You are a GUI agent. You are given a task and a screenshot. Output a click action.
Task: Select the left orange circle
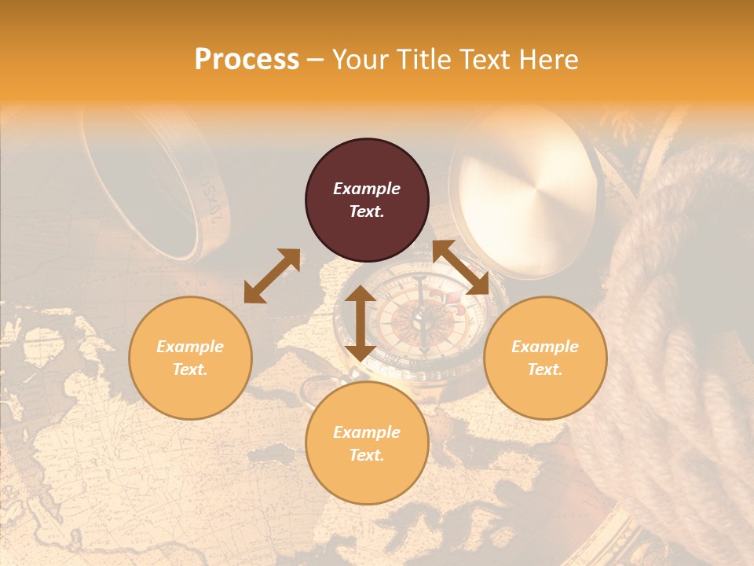point(190,358)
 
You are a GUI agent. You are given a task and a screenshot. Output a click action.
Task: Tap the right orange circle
point(545,358)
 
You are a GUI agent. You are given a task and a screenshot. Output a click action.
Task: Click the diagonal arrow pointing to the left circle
point(272,276)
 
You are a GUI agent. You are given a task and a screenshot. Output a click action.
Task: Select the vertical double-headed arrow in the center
point(361,323)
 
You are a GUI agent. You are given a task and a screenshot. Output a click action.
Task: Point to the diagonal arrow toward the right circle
point(460,267)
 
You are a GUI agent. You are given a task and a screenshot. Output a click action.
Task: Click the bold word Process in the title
point(247,59)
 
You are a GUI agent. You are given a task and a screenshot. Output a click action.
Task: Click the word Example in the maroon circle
point(367,189)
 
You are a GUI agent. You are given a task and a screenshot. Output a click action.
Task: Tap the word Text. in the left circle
point(190,369)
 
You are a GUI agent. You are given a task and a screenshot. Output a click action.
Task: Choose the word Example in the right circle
point(545,347)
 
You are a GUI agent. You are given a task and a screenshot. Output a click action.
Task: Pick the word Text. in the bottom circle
point(367,455)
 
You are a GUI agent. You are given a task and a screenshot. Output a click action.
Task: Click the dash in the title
point(316,60)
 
